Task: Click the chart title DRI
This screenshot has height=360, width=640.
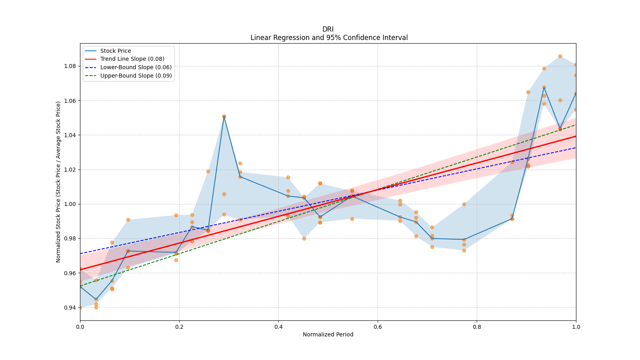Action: (x=328, y=29)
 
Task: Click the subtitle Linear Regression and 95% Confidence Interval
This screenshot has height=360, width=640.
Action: (x=329, y=38)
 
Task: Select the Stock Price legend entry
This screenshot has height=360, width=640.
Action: (x=116, y=51)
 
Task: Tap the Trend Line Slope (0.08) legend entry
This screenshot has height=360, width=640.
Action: (x=132, y=59)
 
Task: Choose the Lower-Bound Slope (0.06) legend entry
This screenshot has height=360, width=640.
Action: (x=136, y=67)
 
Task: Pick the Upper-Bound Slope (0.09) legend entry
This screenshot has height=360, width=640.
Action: (x=136, y=76)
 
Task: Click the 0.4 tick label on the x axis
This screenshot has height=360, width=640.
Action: (x=278, y=327)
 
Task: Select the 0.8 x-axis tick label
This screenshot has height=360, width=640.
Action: (x=477, y=327)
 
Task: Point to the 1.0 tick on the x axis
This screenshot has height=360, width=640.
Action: (x=576, y=327)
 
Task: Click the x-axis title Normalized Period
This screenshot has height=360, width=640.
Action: (x=328, y=334)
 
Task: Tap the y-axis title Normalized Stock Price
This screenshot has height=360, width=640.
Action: (x=58, y=182)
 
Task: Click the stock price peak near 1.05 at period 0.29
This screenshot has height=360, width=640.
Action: (x=224, y=117)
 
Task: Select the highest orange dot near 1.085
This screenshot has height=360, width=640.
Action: (x=560, y=56)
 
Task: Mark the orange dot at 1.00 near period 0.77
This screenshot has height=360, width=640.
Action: (x=464, y=204)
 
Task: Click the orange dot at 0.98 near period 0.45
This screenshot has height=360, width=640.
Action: (x=304, y=238)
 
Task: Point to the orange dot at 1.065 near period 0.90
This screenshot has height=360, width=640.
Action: (x=528, y=92)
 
